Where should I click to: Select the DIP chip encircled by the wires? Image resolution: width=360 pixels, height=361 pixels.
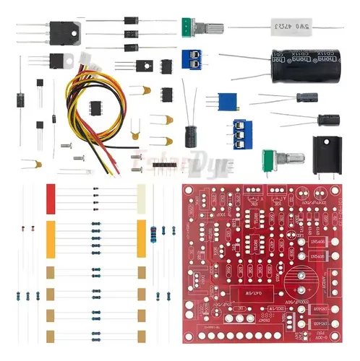tap(95, 107)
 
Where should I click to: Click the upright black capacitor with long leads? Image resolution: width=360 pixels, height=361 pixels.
tap(191, 134)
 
